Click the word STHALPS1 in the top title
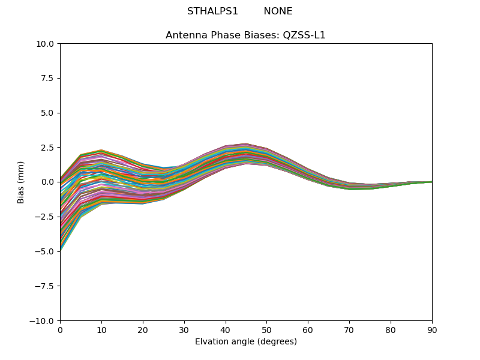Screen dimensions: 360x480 tap(212, 11)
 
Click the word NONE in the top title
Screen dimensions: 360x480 tap(278, 11)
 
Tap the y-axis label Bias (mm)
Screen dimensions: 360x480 tap(21, 182)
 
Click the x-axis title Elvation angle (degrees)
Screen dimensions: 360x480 tap(246, 342)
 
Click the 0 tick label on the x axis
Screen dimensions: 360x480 tap(60, 329)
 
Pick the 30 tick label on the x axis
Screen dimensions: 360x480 tap(184, 329)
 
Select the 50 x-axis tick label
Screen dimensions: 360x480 tap(266, 329)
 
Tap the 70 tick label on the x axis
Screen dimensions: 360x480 tap(349, 329)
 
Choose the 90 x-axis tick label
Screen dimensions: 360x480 tap(432, 329)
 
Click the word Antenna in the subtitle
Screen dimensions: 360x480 tap(183, 35)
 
